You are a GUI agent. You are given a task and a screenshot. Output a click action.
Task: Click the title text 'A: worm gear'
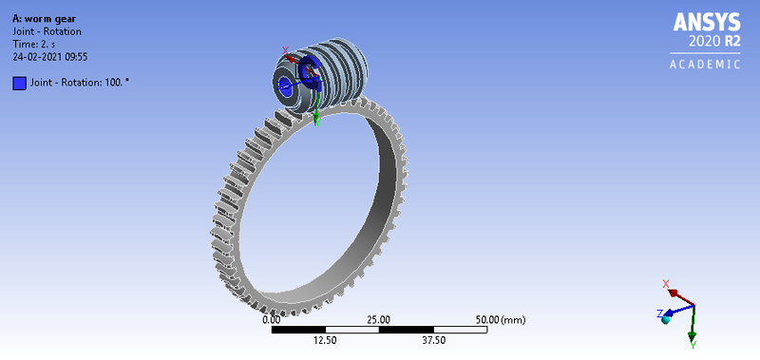[x=45, y=18]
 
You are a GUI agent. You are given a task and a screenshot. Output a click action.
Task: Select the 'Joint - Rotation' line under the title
[x=46, y=31]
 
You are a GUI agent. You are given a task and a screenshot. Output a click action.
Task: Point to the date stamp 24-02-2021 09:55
[x=49, y=56]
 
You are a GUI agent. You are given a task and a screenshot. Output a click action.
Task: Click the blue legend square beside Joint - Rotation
[x=19, y=83]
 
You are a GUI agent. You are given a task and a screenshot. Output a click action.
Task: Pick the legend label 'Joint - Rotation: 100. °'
[x=79, y=83]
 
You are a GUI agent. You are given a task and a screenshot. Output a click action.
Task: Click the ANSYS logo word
[x=705, y=24]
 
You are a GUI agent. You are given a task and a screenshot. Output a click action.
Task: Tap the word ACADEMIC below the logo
[x=705, y=65]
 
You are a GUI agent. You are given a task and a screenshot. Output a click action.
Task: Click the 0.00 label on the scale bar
[x=271, y=319]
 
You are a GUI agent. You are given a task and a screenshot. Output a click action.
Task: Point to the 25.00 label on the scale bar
[x=378, y=319]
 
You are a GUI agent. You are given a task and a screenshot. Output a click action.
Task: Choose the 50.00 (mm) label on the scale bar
[x=499, y=319]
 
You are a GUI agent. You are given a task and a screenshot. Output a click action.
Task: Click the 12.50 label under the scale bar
[x=325, y=339]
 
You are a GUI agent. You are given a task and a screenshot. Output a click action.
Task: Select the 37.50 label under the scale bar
[x=433, y=339]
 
